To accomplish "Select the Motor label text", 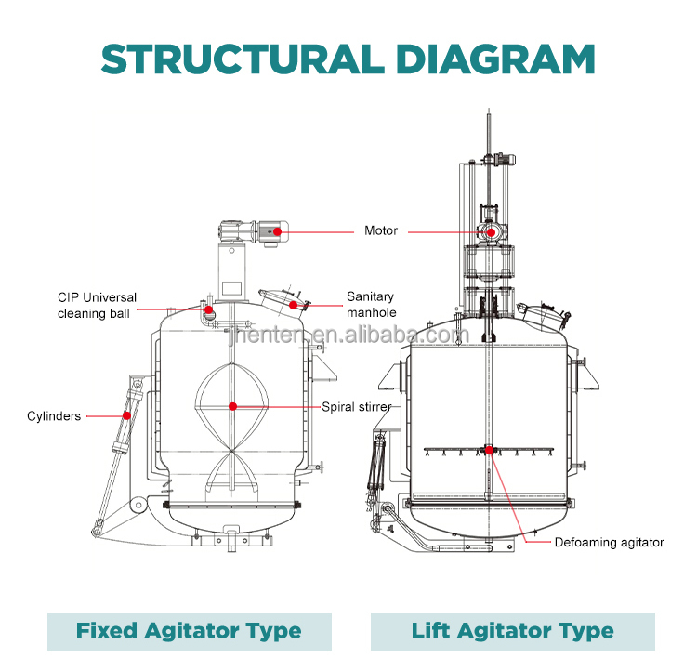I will click(381, 230).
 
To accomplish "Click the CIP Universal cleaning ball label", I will click(97, 305).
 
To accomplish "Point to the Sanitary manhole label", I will click(372, 305).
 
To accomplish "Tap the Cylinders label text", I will click(54, 416).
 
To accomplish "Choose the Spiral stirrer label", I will click(357, 406).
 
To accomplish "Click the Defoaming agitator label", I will click(610, 542).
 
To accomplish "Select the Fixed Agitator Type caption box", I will click(190, 632).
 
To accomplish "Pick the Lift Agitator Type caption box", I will click(512, 632).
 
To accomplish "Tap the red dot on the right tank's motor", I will click(489, 231).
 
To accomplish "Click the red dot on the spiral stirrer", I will click(232, 406).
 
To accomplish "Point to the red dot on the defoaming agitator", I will click(489, 451).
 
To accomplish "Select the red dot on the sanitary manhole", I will click(293, 305).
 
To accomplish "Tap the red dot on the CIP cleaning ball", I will click(209, 309).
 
